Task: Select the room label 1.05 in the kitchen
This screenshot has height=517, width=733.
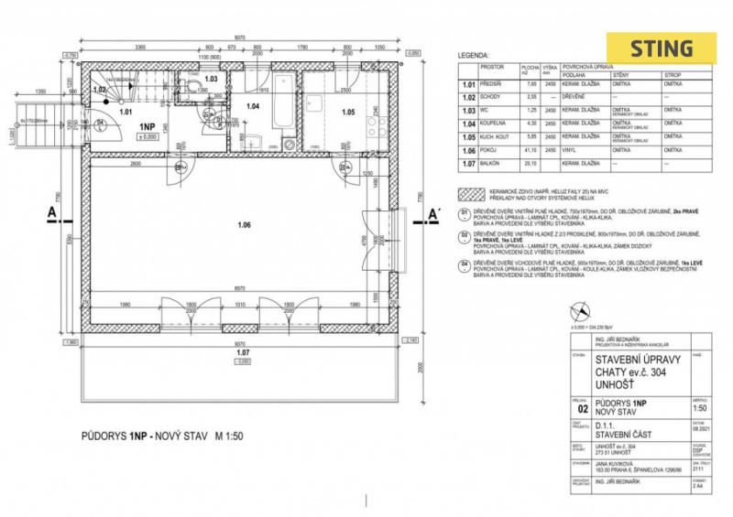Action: click(348, 113)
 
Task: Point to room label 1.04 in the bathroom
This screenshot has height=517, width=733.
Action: click(253, 107)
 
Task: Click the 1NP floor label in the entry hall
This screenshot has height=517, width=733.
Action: click(148, 127)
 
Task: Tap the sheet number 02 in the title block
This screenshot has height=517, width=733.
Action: click(582, 384)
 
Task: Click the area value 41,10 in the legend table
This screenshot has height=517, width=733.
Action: click(530, 150)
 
